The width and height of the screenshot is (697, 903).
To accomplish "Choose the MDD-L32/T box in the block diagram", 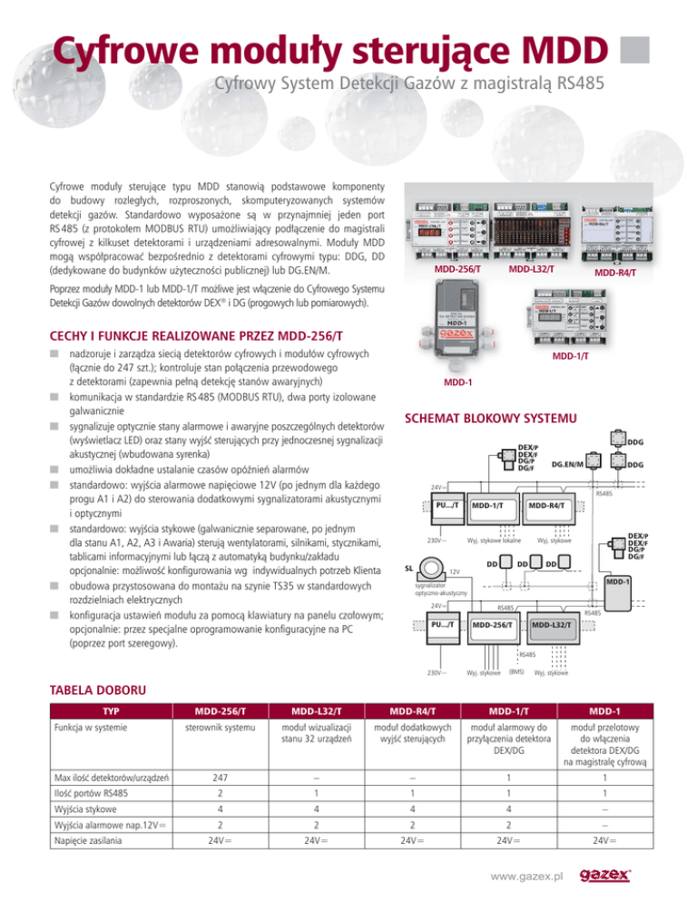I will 551,624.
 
